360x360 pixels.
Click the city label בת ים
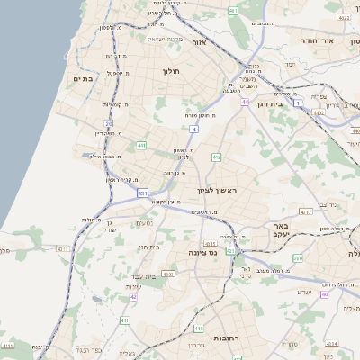[83, 78]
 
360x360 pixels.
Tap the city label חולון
[171, 70]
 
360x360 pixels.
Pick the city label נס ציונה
[205, 253]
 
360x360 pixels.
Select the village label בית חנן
[148, 246]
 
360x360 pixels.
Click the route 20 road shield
[109, 123]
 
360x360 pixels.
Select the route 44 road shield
[245, 102]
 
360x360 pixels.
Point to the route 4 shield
[193, 129]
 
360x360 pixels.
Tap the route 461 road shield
[233, 11]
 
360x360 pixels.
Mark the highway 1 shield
[296, 103]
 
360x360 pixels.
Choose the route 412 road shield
[216, 157]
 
